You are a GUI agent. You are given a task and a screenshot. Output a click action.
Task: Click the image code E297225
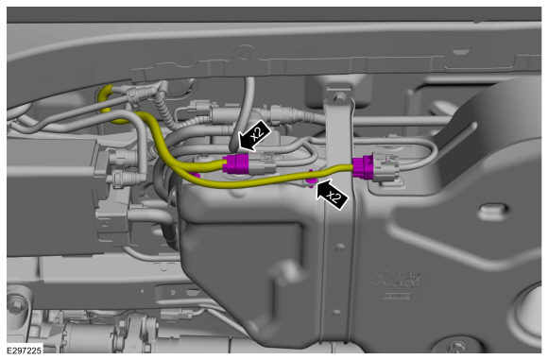[25, 351]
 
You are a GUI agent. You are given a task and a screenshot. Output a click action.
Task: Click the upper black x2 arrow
[254, 136]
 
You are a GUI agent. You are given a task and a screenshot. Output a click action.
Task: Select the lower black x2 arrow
[332, 195]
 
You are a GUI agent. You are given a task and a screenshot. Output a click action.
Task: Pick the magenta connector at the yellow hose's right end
[363, 168]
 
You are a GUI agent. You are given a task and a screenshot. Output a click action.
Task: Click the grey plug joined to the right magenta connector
[385, 167]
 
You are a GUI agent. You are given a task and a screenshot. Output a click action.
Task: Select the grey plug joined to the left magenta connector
[262, 163]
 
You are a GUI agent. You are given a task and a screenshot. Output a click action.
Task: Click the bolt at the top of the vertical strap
[337, 97]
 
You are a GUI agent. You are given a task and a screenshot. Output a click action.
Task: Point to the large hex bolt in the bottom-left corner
[15, 306]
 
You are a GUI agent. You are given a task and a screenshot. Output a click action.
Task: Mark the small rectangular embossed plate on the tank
[396, 296]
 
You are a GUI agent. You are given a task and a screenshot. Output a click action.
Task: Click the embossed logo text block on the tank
[398, 279]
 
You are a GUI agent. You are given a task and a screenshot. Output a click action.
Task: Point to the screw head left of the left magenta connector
[203, 159]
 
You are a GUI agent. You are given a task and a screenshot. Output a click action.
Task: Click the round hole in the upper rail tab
[245, 54]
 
